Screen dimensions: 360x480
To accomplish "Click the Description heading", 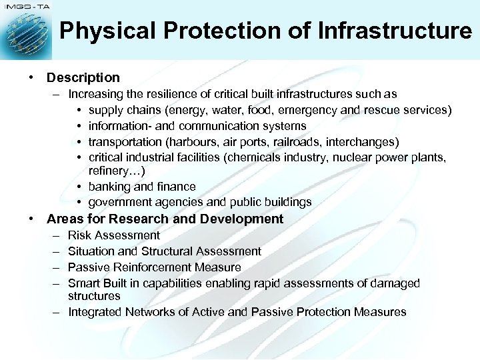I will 83,78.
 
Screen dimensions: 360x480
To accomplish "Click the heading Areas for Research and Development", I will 165,219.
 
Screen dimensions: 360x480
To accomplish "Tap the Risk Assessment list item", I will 114,235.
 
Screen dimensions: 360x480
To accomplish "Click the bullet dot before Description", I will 31,78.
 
